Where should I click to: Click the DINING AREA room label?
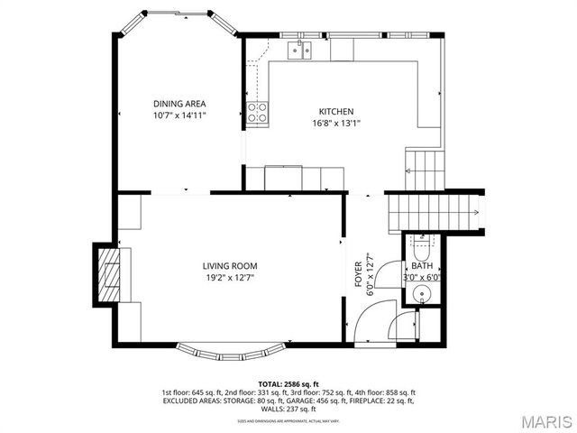pyautogui.click(x=179, y=104)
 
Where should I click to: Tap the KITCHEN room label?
pyautogui.click(x=335, y=112)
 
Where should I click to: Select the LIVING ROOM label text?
pyautogui.click(x=230, y=266)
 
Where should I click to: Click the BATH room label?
pyautogui.click(x=422, y=266)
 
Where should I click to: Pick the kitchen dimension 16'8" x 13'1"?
pyautogui.click(x=335, y=124)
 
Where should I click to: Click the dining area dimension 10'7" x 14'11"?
pyautogui.click(x=179, y=115)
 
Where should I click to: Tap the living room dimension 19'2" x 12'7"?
pyautogui.click(x=230, y=278)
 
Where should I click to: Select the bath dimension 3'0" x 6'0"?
pyautogui.click(x=422, y=278)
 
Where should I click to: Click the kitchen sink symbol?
pyautogui.click(x=299, y=51)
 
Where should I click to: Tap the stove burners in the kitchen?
pyautogui.click(x=258, y=113)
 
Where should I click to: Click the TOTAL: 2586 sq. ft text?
pyautogui.click(x=288, y=383)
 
